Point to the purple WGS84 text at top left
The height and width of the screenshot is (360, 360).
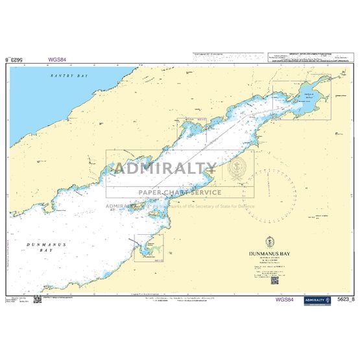(x=57, y=59)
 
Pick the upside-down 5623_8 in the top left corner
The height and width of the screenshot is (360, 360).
(x=19, y=59)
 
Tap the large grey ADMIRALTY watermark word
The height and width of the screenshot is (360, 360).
(x=165, y=169)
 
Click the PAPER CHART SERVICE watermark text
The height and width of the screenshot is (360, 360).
(x=179, y=192)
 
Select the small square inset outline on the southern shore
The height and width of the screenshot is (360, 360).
(x=149, y=248)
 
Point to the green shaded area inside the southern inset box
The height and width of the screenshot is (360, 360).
(x=150, y=246)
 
